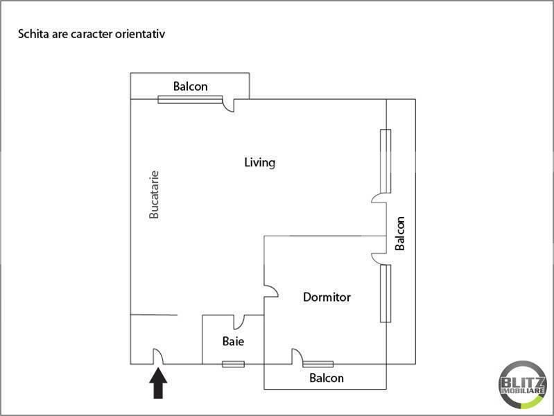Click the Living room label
[x=260, y=163]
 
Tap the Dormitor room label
[x=327, y=297]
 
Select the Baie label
[x=233, y=341]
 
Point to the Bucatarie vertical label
[x=155, y=196]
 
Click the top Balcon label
[x=190, y=87]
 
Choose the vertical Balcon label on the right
[x=400, y=234]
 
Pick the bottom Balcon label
[x=326, y=379]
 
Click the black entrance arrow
[x=159, y=383]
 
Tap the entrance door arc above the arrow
[x=157, y=355]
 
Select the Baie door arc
[x=239, y=322]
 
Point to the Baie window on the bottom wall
[x=233, y=364]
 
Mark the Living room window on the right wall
[x=386, y=161]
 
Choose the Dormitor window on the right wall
[x=386, y=293]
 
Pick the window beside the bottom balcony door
[x=318, y=364]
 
